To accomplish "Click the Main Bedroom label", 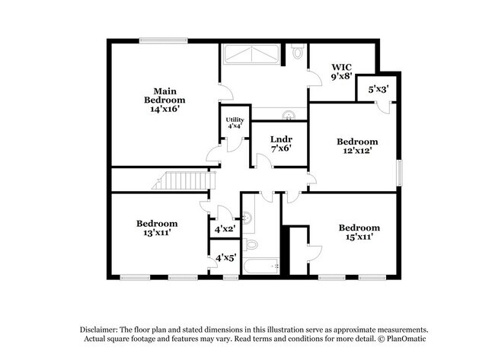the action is click(x=164, y=96).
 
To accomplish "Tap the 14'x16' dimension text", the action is click(x=164, y=109).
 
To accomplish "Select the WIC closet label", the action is click(x=342, y=67).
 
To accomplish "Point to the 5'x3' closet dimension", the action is click(x=378, y=89).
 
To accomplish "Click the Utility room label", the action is click(x=235, y=119).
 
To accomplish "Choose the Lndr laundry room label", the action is click(x=281, y=139).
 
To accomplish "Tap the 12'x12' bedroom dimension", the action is click(x=357, y=150).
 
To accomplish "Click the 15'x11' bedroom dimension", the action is click(x=359, y=237).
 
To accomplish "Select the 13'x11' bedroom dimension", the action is click(x=157, y=233).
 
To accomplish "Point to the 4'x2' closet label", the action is click(x=225, y=228).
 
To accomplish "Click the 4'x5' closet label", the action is click(x=225, y=258).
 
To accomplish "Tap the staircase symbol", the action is click(x=184, y=180).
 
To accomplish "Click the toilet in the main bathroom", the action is click(x=297, y=51).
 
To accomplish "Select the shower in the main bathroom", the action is click(x=251, y=54).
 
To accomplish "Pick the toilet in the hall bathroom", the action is click(x=251, y=244).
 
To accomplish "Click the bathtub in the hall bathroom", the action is click(x=260, y=266).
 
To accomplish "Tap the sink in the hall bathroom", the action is click(x=247, y=217).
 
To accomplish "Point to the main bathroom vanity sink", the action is click(x=288, y=115).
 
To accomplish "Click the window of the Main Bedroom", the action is click(x=164, y=40).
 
